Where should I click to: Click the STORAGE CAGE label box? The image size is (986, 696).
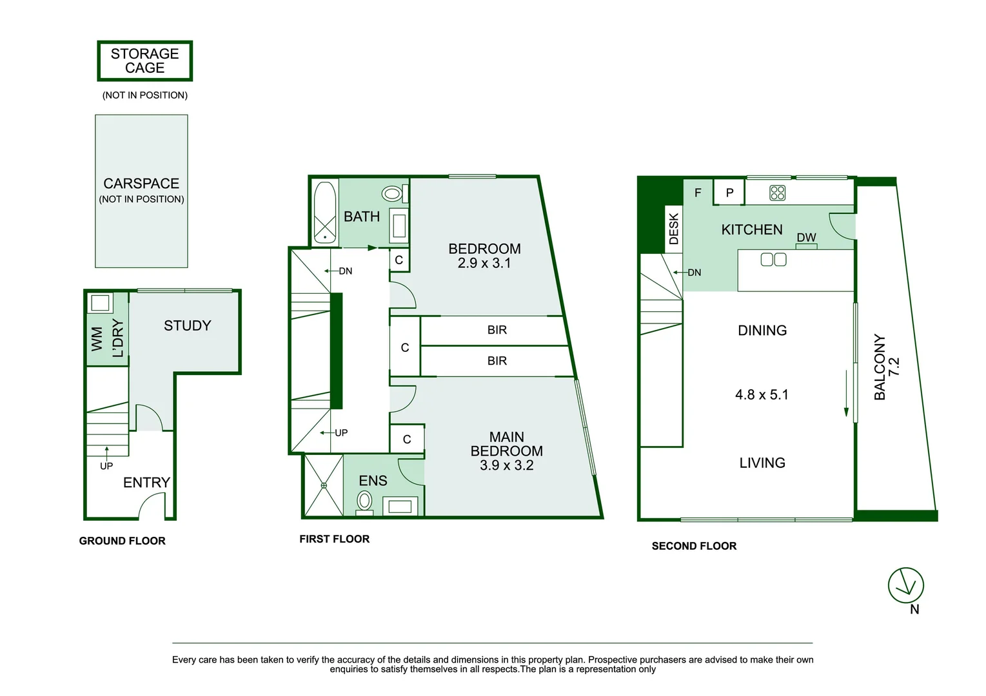145,61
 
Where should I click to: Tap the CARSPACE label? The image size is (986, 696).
141,183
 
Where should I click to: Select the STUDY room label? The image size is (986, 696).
188,325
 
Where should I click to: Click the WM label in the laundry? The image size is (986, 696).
96,339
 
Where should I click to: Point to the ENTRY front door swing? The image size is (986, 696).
152,506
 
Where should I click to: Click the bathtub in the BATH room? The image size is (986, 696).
325,213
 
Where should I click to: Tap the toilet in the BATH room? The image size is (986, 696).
395,193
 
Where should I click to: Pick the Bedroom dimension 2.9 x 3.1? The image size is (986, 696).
484,263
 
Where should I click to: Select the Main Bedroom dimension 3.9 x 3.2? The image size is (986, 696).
507,465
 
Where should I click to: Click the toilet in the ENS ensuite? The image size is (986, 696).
364,502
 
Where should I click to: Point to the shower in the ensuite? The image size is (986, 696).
324,485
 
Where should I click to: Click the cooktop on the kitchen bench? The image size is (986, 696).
777,193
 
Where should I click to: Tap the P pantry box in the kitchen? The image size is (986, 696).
729,192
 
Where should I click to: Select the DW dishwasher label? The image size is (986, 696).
807,238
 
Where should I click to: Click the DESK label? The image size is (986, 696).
674,229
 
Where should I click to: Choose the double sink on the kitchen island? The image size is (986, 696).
774,260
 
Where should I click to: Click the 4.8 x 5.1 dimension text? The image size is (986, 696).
762,394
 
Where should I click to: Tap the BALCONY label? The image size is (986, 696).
880,367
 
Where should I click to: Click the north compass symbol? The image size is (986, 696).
906,585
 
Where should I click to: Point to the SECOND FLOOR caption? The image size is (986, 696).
694,546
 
